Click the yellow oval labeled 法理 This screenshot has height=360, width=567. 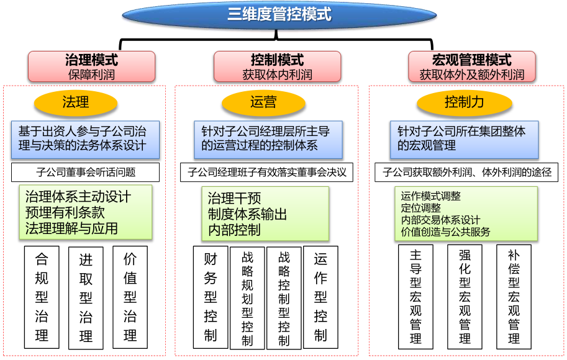pyautogui.click(x=76, y=102)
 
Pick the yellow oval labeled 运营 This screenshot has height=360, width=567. pyautogui.click(x=263, y=102)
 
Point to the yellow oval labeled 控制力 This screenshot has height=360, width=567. pyautogui.click(x=464, y=102)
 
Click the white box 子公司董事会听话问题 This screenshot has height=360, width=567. pyautogui.click(x=85, y=172)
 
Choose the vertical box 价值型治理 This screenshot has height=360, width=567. pyautogui.click(x=130, y=297)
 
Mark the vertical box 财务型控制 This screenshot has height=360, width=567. pyautogui.click(x=211, y=297)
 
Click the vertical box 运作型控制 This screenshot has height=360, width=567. pyautogui.click(x=320, y=297)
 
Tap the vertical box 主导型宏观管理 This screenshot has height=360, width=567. pyautogui.click(x=415, y=297)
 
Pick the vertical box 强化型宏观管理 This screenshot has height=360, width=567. pyautogui.click(x=465, y=297)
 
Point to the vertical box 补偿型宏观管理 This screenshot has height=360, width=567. pyautogui.click(x=514, y=297)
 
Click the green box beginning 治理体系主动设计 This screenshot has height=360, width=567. pyautogui.click(x=86, y=212)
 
